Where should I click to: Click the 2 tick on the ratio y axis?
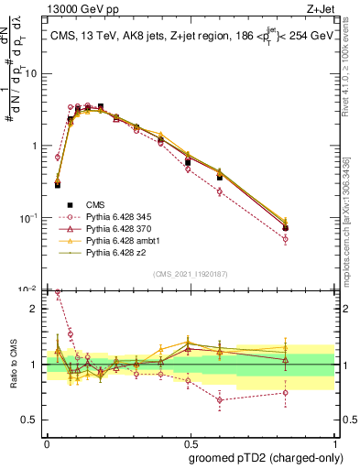coord(34,309)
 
